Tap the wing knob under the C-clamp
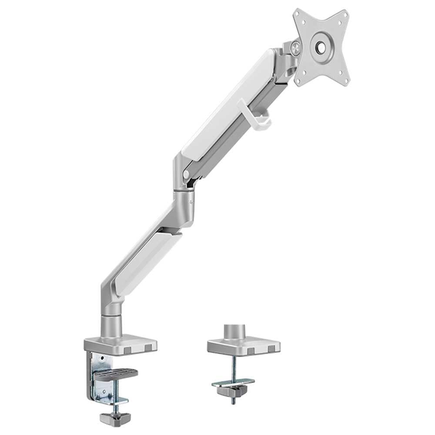[112, 418]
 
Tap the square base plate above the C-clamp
[121, 344]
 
